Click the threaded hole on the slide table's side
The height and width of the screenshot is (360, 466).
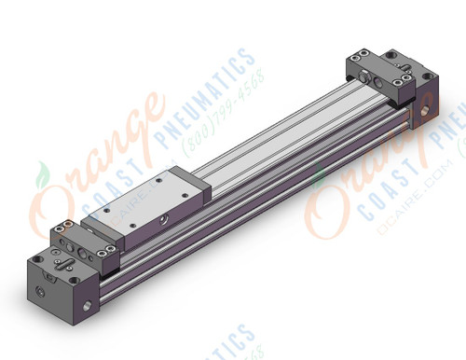click(164, 219)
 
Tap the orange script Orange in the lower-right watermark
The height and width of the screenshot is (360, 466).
click(373, 173)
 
